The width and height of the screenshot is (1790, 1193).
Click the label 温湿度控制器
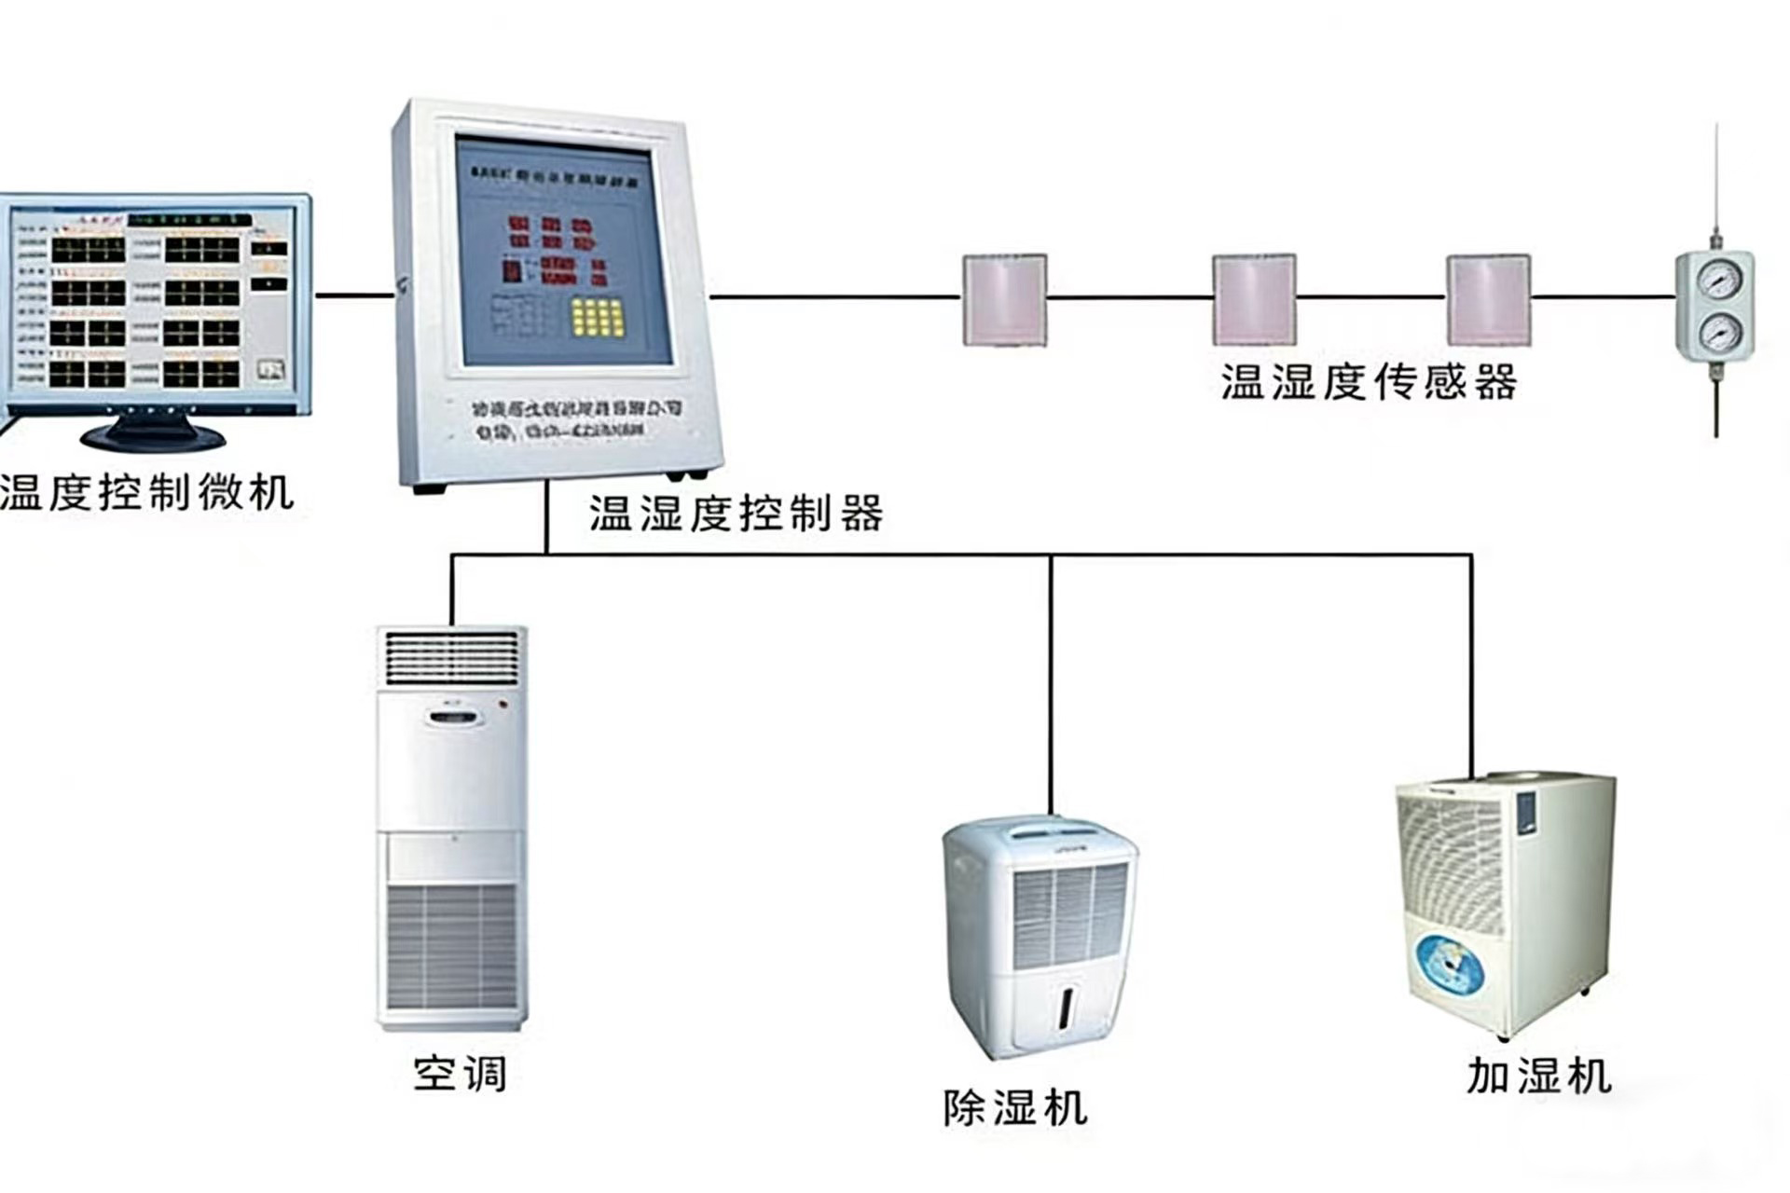click(736, 514)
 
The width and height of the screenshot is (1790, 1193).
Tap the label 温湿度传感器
click(1369, 382)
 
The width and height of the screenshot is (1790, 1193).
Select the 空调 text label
click(460, 1074)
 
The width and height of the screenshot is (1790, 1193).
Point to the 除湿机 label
click(1014, 1108)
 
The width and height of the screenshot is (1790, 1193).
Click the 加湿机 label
click(1538, 1076)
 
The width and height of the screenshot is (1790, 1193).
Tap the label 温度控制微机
click(147, 492)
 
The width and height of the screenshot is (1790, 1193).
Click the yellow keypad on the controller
click(598, 317)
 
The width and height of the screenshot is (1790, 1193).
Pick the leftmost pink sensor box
click(1004, 300)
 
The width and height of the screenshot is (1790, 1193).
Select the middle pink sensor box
click(1254, 300)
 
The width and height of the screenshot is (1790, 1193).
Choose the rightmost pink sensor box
click(1488, 300)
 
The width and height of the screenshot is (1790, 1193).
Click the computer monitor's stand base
click(153, 435)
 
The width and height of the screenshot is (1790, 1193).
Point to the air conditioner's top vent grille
click(452, 657)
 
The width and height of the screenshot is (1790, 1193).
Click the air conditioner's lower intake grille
click(452, 946)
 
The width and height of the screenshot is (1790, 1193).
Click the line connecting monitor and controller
click(354, 295)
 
